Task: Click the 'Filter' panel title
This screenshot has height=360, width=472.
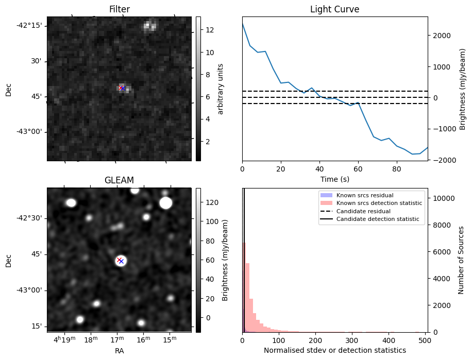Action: click(119, 9)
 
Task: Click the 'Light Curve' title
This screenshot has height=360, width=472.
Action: click(334, 9)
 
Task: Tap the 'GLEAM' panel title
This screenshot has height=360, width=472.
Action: click(119, 180)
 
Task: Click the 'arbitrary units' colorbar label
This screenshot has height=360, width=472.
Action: click(221, 89)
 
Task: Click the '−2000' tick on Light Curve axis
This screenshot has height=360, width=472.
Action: click(442, 160)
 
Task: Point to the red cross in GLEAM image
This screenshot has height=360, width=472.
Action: click(119, 260)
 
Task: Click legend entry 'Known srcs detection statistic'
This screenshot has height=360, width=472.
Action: click(379, 203)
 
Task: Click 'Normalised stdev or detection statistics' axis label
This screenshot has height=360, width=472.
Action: click(334, 350)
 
